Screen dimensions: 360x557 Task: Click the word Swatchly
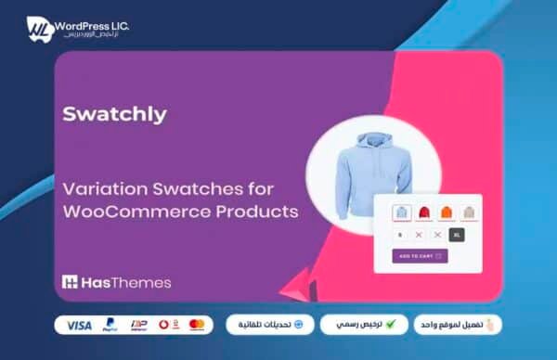pos(114,114)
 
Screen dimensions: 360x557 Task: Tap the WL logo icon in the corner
pos(38,29)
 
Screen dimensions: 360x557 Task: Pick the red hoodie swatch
pos(424,212)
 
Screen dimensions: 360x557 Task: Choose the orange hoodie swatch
pos(447,212)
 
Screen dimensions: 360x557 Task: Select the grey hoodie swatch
pos(469,212)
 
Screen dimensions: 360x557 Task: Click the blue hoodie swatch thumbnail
pos(402,212)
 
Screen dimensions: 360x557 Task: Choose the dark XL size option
pos(456,235)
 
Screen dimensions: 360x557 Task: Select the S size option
pos(398,235)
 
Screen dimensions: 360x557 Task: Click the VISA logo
pos(80,325)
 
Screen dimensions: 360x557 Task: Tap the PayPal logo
pos(110,325)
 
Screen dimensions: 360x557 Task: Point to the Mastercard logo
pos(197,325)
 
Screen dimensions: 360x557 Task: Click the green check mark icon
pos(391,325)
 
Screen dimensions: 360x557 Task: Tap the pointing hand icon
pos(491,325)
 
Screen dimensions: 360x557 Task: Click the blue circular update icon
pos(299,325)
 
